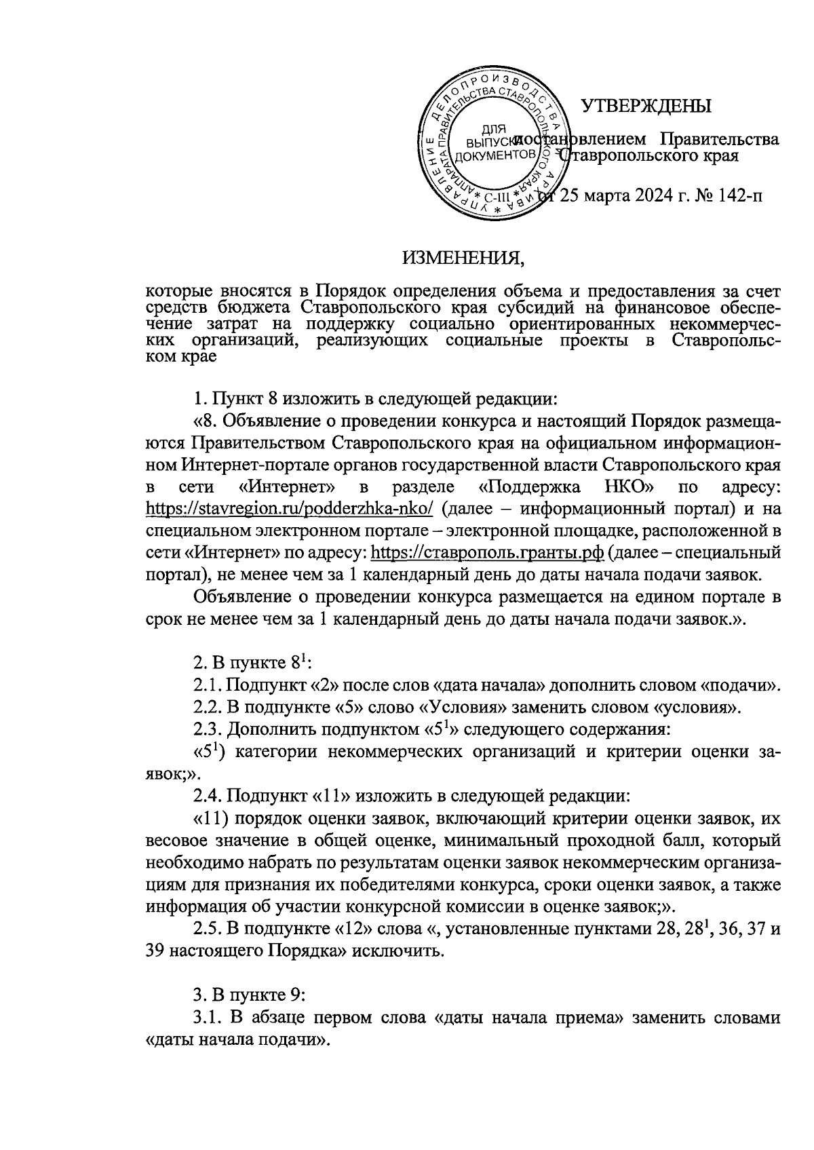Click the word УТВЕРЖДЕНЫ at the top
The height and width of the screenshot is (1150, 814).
click(647, 106)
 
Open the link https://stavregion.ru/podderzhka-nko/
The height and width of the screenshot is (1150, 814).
click(290, 509)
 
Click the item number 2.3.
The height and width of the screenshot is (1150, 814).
click(208, 730)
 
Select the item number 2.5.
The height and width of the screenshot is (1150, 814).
click(208, 929)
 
